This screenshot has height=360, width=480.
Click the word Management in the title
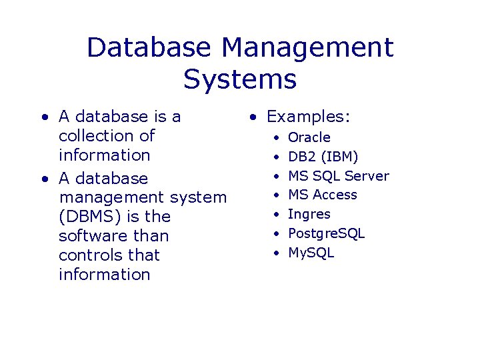tap(308, 48)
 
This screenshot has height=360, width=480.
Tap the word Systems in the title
tap(240, 79)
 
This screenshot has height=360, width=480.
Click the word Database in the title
tap(148, 48)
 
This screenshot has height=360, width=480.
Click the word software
tap(86, 236)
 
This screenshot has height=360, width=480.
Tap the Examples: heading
tap(308, 117)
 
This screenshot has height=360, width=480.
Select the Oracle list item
tap(309, 137)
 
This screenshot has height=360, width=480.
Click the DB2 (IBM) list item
tap(323, 157)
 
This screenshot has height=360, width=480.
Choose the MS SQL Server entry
tap(338, 176)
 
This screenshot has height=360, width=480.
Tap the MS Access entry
tap(322, 195)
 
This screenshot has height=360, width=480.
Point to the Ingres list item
tap(309, 215)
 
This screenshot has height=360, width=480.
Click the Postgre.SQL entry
tap(326, 233)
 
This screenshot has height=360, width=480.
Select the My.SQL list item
tap(311, 253)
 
